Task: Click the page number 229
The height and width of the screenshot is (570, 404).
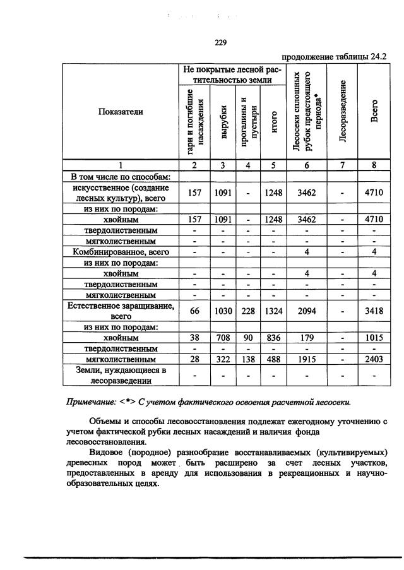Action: tap(220, 43)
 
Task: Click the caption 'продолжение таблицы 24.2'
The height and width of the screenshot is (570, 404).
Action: tap(334, 56)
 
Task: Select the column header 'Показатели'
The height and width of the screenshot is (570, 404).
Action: tap(121, 112)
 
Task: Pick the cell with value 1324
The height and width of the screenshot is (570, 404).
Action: tap(272, 310)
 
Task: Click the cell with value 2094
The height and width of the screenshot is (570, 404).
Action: tap(306, 310)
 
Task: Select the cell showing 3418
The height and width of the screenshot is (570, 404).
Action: tap(374, 310)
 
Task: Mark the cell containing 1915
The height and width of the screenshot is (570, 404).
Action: tap(306, 359)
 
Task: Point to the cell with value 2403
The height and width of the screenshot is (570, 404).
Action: tap(374, 359)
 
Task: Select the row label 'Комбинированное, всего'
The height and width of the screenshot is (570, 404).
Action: tap(121, 252)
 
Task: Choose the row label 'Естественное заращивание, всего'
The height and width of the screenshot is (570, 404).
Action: tap(121, 310)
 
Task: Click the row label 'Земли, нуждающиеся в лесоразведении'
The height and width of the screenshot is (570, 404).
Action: tap(121, 375)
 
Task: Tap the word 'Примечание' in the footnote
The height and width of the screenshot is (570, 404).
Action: tap(93, 402)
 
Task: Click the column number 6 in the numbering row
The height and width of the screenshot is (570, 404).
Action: tap(306, 165)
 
